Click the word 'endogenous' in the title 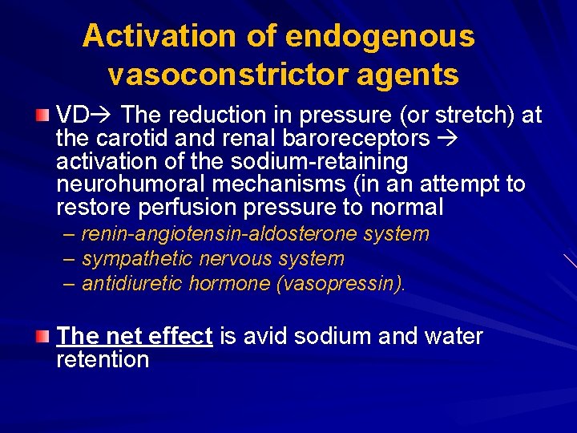point(380,36)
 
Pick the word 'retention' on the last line point(103,359)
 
